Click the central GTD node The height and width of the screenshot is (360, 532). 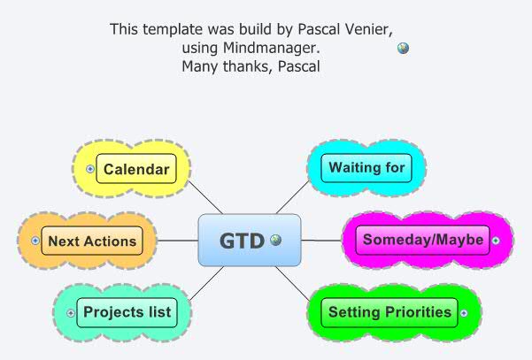point(241,240)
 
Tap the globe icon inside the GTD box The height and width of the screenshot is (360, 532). point(275,240)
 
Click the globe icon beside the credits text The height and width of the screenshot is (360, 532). point(403,49)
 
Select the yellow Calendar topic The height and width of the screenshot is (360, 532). point(135,169)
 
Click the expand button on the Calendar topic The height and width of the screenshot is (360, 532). point(90,169)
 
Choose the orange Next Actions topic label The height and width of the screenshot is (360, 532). point(92,241)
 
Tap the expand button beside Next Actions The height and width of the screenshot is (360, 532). point(35,241)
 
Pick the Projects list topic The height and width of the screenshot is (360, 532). point(127,312)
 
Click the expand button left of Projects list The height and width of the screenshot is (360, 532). point(71,312)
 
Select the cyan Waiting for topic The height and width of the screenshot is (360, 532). point(366,167)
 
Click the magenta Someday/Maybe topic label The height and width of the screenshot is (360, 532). point(423,240)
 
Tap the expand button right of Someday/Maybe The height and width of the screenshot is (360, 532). point(496,240)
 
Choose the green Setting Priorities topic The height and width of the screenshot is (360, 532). point(390,312)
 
